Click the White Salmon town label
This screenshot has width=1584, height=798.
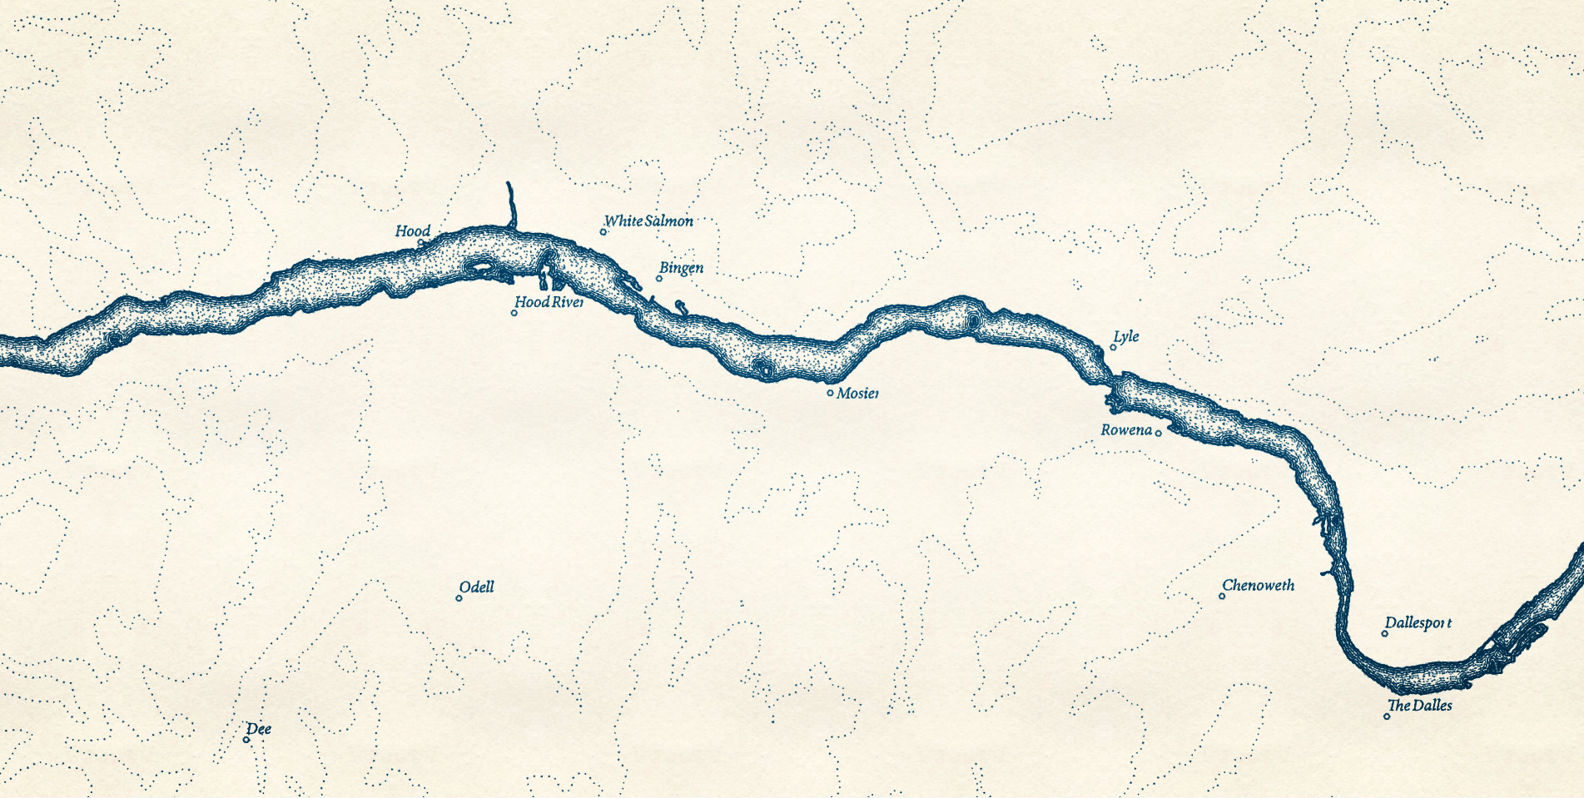point(648,221)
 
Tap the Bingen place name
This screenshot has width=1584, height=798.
point(681,268)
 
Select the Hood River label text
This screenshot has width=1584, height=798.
point(549,302)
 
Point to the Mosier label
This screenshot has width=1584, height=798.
point(857,393)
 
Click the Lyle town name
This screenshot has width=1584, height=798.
point(1126,336)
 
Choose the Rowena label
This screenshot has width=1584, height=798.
point(1126,430)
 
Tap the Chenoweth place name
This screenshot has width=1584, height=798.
point(1258,586)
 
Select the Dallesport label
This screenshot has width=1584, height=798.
point(1418,623)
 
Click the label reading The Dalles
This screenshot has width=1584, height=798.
point(1419,706)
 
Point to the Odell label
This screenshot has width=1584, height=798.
point(476,587)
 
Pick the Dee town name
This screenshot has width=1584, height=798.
point(259,730)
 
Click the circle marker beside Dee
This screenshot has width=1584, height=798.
point(246,740)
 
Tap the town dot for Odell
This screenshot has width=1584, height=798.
point(459,598)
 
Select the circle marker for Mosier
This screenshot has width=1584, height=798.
point(830,393)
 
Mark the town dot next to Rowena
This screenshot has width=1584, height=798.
point(1158,433)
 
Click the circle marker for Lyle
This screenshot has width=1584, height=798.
point(1113,347)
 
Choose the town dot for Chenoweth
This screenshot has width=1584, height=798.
point(1222,596)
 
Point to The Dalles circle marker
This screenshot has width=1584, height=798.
point(1387,716)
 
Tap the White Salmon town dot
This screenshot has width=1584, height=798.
point(603,231)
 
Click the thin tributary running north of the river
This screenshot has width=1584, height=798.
point(510,204)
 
